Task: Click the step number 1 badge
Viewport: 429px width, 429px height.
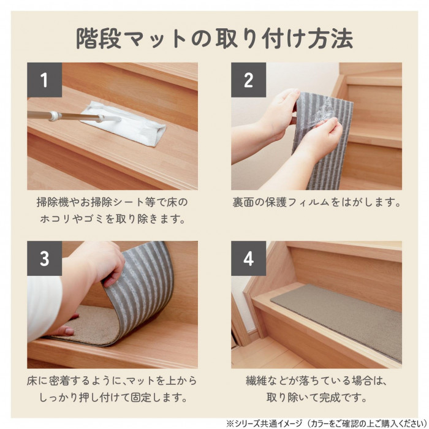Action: [x=44, y=80]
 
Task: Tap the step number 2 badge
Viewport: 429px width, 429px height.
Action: [x=248, y=80]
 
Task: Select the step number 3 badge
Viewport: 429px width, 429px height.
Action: [x=44, y=258]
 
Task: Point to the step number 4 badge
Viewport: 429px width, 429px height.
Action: [x=248, y=258]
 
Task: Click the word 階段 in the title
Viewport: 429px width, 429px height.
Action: [x=99, y=38]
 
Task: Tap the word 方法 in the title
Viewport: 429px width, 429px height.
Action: [x=330, y=38]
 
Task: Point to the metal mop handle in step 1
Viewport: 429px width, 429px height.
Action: [x=74, y=117]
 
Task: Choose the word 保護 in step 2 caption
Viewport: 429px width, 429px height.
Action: [x=275, y=202]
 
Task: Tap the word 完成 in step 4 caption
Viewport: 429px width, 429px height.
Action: [x=330, y=398]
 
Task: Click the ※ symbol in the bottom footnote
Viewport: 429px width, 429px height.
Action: [x=230, y=423]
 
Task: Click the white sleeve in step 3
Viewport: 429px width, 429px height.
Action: [x=44, y=306]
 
